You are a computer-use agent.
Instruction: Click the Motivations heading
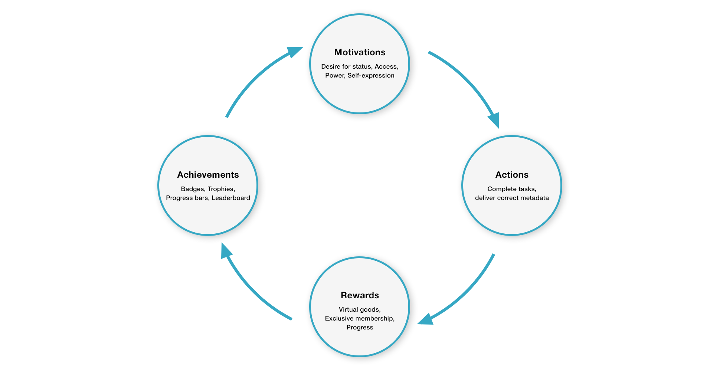(x=360, y=52)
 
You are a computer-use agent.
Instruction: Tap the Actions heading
(x=512, y=175)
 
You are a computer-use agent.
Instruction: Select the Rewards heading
(x=360, y=295)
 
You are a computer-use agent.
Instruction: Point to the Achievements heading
(x=208, y=175)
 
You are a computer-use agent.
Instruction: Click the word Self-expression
(x=371, y=75)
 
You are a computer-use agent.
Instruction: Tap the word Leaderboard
(x=231, y=198)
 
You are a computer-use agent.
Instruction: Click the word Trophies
(x=221, y=189)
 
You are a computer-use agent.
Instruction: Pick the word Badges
(x=193, y=189)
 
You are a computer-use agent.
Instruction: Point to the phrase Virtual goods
(x=360, y=309)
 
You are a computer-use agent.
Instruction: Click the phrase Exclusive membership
(x=360, y=318)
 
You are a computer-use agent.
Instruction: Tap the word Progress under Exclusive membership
(x=360, y=327)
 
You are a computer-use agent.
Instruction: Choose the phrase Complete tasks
(x=512, y=189)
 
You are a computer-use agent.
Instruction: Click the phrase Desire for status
(x=346, y=66)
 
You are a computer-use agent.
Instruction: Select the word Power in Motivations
(x=334, y=75)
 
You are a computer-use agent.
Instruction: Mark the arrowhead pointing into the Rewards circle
(x=425, y=319)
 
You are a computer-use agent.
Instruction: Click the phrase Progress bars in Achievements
(x=187, y=198)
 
